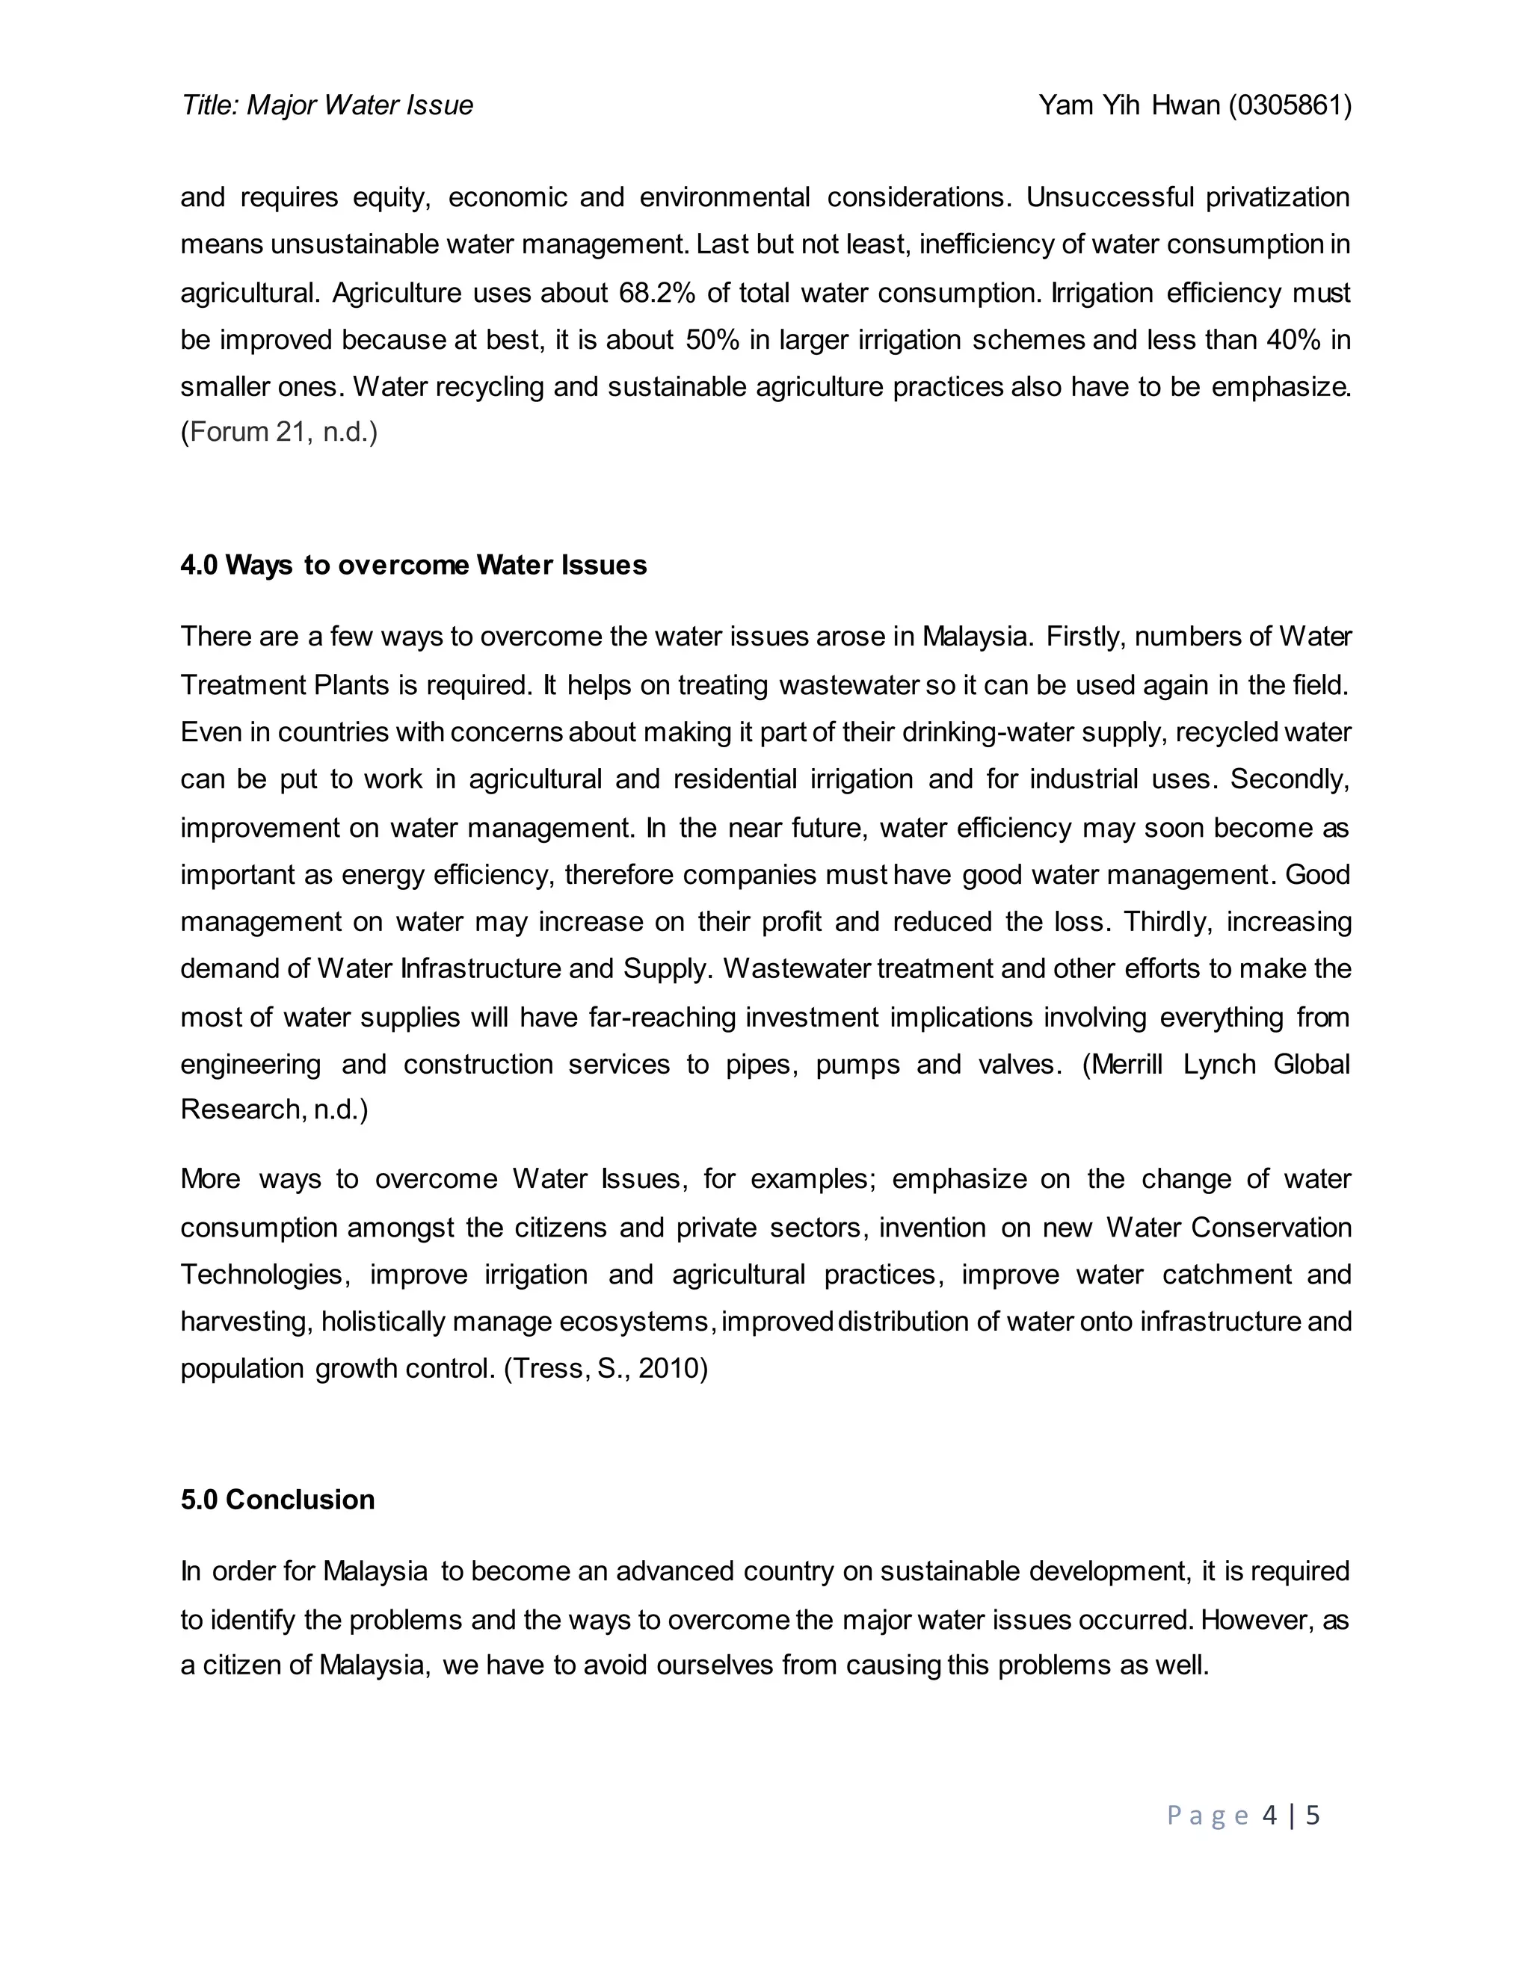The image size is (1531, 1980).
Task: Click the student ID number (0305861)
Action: coord(1290,106)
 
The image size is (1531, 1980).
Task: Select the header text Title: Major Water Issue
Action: coord(327,106)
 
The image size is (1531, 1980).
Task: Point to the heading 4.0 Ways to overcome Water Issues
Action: coord(413,566)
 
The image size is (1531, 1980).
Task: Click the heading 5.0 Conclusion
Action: coord(277,1500)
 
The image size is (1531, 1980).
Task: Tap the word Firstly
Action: coord(1085,637)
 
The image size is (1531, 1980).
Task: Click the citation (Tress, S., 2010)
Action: coord(606,1368)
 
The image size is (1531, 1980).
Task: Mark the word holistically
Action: coord(383,1322)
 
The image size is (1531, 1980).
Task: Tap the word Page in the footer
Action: coord(1208,1815)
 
